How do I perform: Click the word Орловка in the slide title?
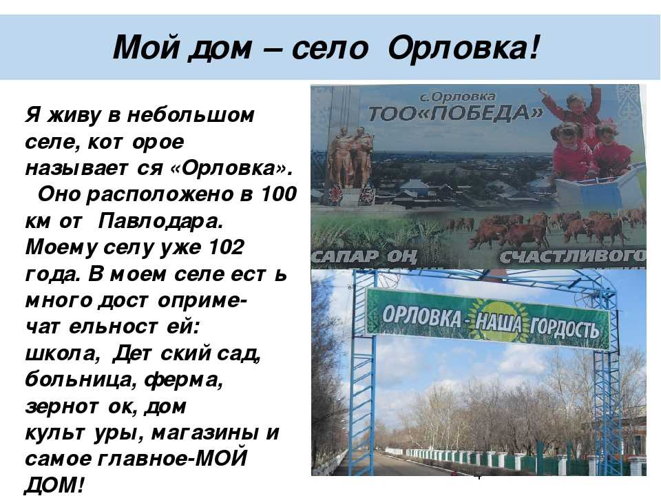pos(463,48)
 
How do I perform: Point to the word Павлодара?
pos(160,221)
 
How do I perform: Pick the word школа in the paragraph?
pos(63,353)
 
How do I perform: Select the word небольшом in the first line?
pos(191,115)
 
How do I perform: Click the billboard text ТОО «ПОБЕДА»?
pos(456,113)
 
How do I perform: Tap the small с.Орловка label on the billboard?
pos(458,97)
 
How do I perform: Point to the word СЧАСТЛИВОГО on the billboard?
pos(572,256)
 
